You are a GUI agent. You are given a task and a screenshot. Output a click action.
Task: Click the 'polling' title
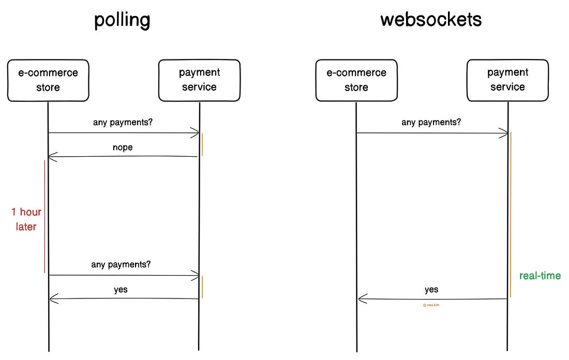122,20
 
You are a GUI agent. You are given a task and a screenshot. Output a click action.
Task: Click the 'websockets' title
430,20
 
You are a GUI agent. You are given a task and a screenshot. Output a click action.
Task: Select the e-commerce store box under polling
48,80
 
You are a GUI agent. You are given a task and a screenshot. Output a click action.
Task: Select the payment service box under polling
199,80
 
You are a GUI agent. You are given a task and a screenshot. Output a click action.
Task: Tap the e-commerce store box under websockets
356,80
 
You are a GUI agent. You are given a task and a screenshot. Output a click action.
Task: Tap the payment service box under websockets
507,80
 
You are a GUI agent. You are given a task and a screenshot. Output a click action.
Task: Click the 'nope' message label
123,147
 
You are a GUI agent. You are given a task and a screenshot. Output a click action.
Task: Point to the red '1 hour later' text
26,219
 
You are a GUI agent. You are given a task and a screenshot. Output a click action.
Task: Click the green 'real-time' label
540,275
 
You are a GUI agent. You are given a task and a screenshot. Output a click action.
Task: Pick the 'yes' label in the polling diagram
121,290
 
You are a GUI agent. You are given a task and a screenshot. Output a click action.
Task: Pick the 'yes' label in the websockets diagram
431,290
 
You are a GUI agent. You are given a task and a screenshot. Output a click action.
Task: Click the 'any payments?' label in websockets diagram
431,123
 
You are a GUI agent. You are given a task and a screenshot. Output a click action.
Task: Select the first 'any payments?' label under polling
123,123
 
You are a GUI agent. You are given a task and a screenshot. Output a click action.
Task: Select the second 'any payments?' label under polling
121,264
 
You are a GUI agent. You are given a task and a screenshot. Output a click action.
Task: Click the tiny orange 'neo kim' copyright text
431,305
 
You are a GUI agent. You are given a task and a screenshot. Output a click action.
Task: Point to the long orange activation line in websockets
511,215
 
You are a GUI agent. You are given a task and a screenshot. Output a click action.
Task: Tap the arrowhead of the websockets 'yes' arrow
361,298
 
